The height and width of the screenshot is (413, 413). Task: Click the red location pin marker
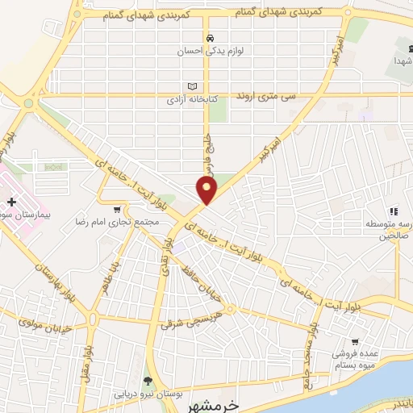click(x=207, y=190)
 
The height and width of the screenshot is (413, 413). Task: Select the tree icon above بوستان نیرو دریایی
click(x=147, y=381)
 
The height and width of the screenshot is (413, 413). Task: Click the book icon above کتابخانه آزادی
click(x=192, y=86)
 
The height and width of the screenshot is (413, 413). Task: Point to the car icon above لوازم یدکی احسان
click(x=210, y=38)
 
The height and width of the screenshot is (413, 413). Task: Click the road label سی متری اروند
click(x=265, y=96)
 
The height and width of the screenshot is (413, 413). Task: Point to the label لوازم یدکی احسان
click(x=211, y=51)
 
